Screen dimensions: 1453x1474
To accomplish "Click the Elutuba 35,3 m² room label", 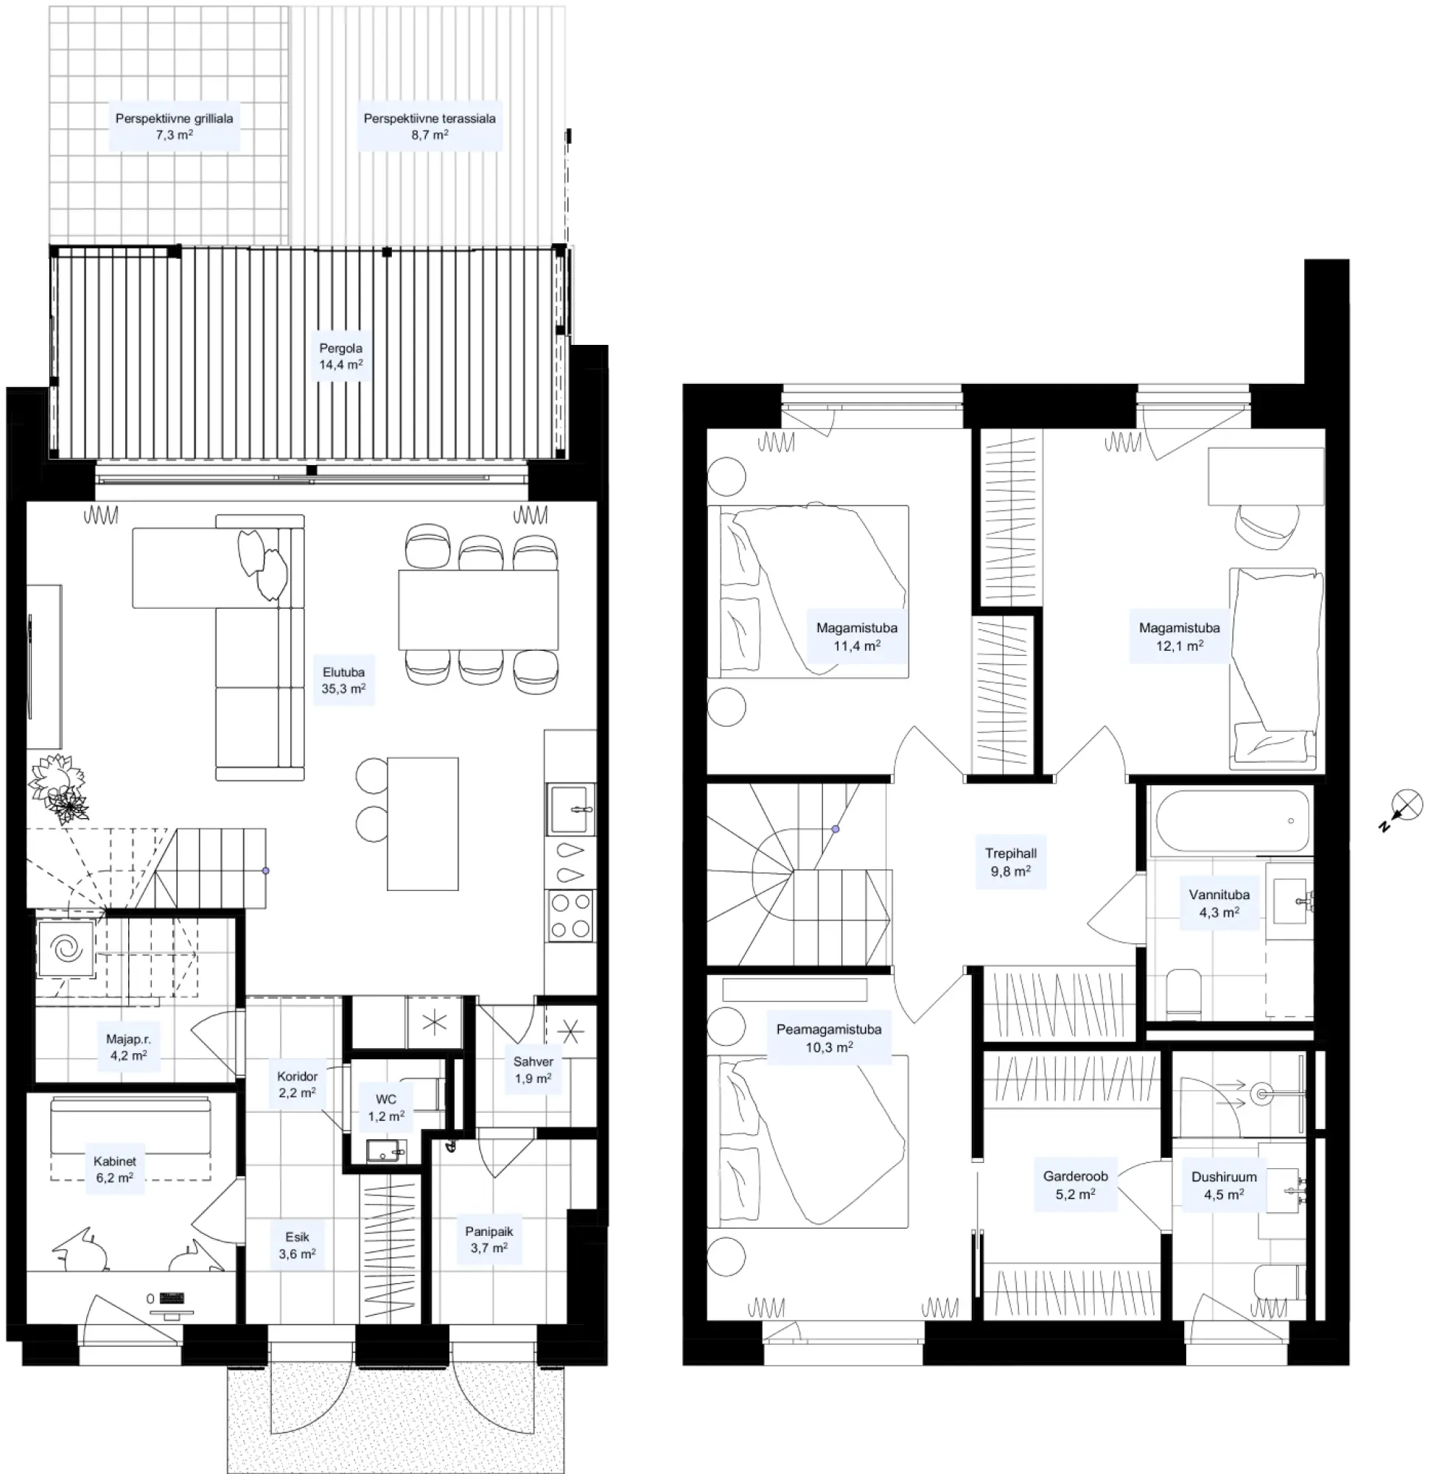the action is [x=343, y=680].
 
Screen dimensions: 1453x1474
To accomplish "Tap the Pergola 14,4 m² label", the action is [x=341, y=356].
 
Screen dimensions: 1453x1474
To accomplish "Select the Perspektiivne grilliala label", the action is [x=175, y=118].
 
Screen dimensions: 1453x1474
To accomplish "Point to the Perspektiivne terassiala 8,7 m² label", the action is [x=430, y=127].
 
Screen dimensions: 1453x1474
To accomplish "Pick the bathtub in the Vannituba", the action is [x=1233, y=820].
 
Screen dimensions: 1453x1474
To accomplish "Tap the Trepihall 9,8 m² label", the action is [x=1011, y=862].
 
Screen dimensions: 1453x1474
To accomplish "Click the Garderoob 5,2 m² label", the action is [x=1075, y=1185].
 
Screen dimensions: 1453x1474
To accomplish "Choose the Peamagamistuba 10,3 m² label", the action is [x=828, y=1038].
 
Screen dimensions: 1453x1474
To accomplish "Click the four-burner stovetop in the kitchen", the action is [x=570, y=915].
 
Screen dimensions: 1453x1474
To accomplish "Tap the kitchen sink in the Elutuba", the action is [x=570, y=808].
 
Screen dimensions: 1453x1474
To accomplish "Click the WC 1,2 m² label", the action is [x=386, y=1107].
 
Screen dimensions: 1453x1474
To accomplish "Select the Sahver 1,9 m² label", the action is [x=533, y=1069].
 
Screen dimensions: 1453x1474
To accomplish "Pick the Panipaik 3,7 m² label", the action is [x=489, y=1239].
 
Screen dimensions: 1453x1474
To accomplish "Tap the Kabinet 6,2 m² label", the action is [x=114, y=1169].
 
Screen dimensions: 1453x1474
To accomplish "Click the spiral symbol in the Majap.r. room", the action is [x=66, y=949].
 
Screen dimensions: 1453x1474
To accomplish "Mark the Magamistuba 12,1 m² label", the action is [x=1179, y=636].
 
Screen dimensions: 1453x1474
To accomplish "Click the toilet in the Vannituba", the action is [x=1184, y=993].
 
